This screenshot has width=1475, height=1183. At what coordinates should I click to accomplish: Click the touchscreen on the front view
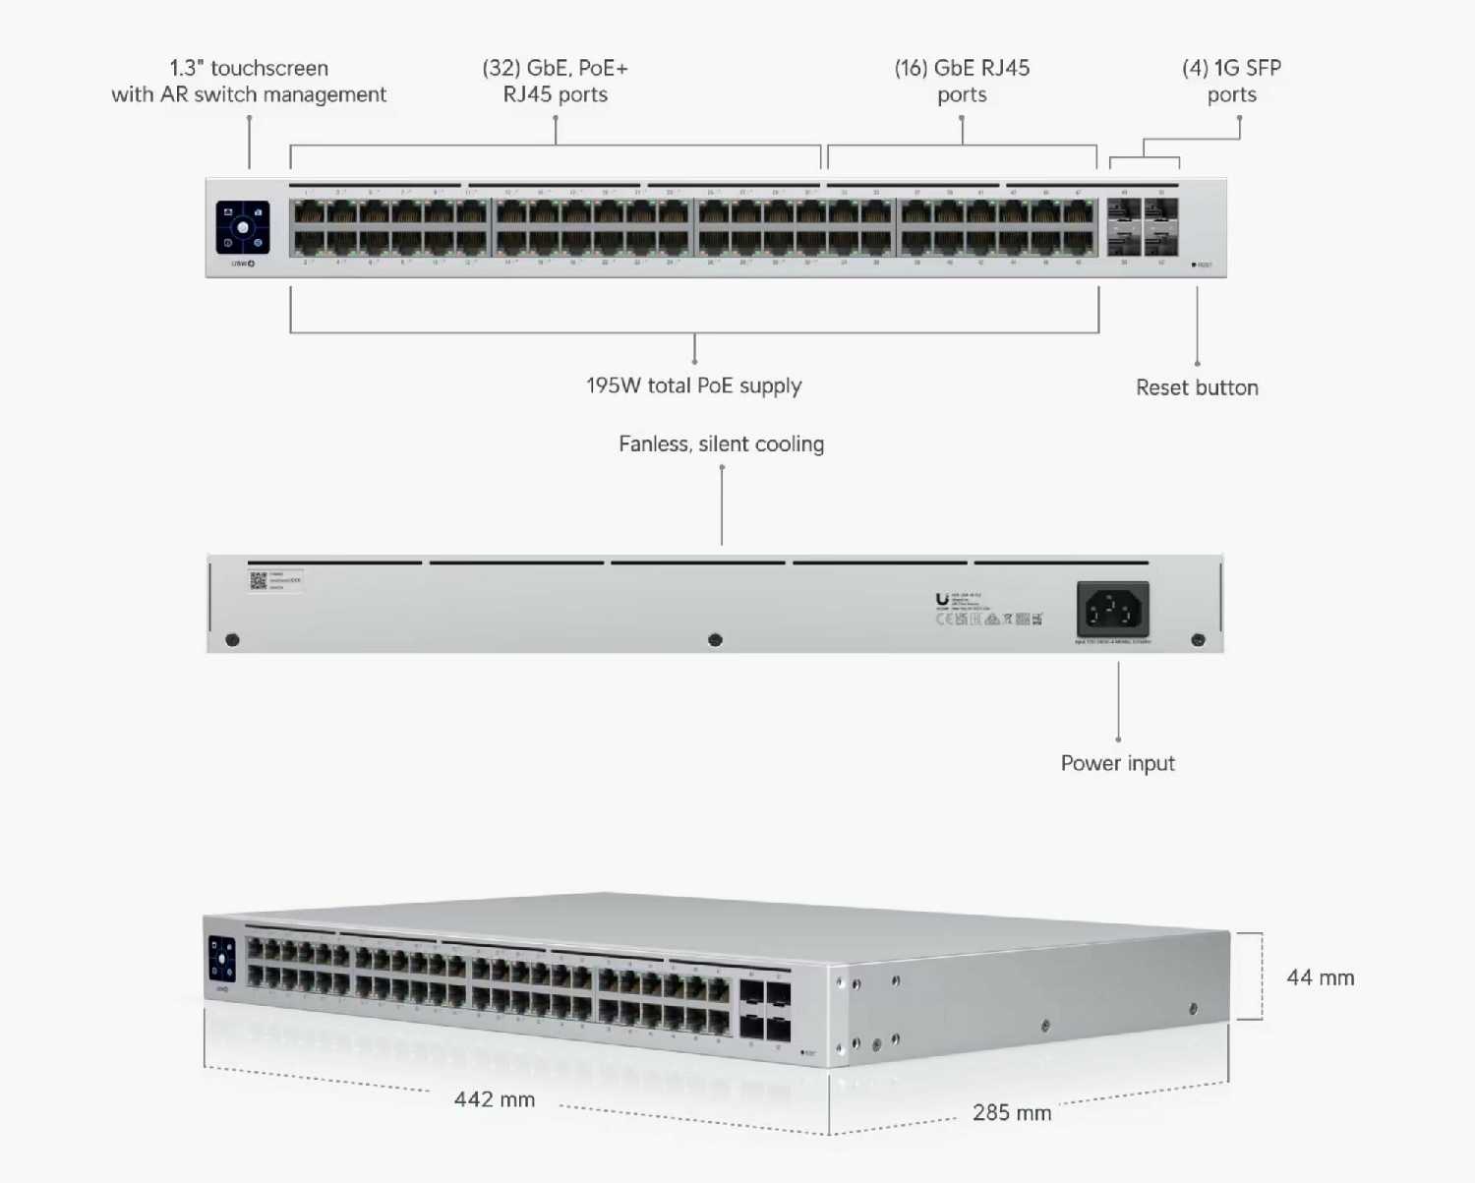pos(243,227)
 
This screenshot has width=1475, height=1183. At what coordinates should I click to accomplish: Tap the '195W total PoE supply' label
pos(694,385)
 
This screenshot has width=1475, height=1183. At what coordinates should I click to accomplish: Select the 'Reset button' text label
pos(1197,387)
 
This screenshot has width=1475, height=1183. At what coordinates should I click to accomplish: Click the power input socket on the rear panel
pos(1112,610)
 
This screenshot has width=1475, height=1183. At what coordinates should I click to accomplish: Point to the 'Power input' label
pos(1117,763)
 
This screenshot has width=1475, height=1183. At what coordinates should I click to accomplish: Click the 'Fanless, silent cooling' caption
pos(721,444)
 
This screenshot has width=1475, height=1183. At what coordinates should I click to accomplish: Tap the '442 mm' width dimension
pos(495,1099)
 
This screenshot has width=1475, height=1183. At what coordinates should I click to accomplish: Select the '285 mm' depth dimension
pos(1012,1112)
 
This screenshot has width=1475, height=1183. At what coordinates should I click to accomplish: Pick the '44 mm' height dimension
pos(1320,977)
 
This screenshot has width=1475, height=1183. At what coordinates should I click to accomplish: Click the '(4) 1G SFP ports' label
pos(1231,81)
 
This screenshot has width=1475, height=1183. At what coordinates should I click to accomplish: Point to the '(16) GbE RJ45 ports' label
pos(962,81)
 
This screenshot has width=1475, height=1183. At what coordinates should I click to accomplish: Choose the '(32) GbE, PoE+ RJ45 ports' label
pos(555,81)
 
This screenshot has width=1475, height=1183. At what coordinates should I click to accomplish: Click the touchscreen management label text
pos(249,81)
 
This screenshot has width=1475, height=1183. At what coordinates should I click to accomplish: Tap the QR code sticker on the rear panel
pos(259,580)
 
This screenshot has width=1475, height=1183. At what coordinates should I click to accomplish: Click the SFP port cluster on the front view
pos(1143,227)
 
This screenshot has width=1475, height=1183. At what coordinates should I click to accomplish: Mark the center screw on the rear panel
pos(715,640)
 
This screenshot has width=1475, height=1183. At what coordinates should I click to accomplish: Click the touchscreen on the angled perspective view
pos(222,958)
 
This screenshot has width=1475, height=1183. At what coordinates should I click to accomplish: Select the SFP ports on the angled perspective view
pos(765,1010)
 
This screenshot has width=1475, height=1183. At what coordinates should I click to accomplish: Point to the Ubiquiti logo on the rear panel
pos(942,599)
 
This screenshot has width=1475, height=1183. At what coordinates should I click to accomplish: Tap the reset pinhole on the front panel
pos(1194,265)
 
